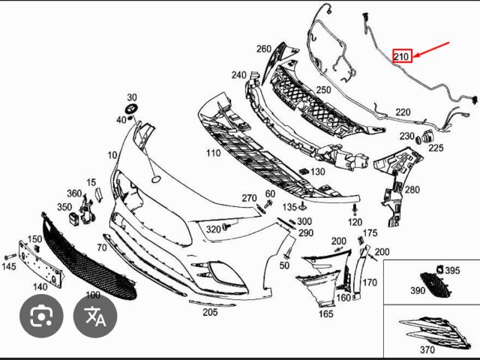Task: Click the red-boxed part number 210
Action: (x=401, y=56)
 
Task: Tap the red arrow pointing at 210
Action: (x=432, y=50)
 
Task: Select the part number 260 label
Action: (x=263, y=49)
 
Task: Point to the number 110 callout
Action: (x=212, y=153)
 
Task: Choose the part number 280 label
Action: (x=412, y=190)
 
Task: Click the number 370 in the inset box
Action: (x=427, y=349)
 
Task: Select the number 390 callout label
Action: (x=417, y=289)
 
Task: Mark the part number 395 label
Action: (x=452, y=270)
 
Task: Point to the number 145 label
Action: (x=8, y=266)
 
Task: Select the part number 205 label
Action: (x=210, y=312)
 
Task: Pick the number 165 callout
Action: (x=325, y=313)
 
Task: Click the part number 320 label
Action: (x=214, y=229)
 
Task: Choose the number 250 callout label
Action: (x=322, y=91)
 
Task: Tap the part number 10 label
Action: (x=112, y=155)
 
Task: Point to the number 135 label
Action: (x=289, y=206)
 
